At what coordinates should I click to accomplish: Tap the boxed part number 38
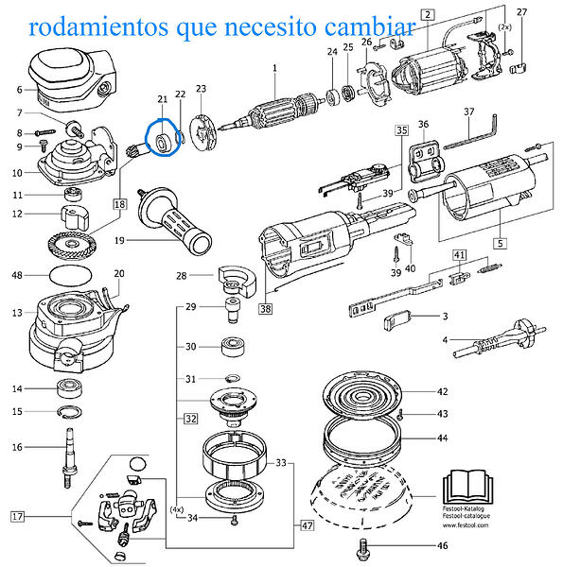(266, 308)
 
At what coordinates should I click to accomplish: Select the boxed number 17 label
(17, 516)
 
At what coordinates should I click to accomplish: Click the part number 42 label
(442, 391)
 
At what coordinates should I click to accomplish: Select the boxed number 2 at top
(428, 14)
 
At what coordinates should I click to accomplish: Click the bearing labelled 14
(69, 388)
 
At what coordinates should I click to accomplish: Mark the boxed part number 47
(306, 524)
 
